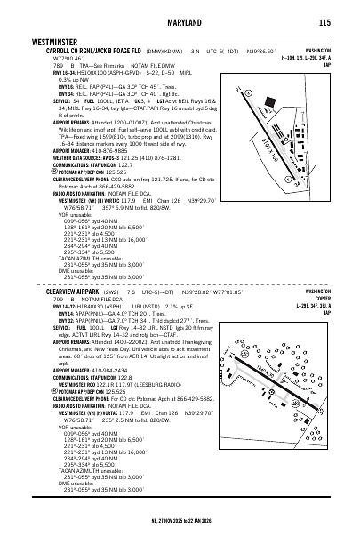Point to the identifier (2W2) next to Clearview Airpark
[x=110, y=291]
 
